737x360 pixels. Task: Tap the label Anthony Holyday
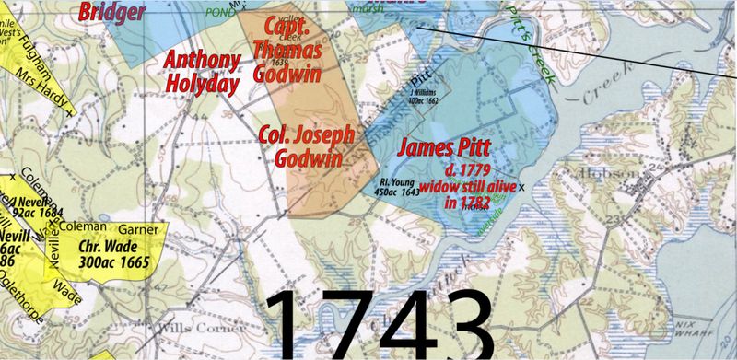coord(203,71)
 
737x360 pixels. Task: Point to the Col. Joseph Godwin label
coord(306,146)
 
